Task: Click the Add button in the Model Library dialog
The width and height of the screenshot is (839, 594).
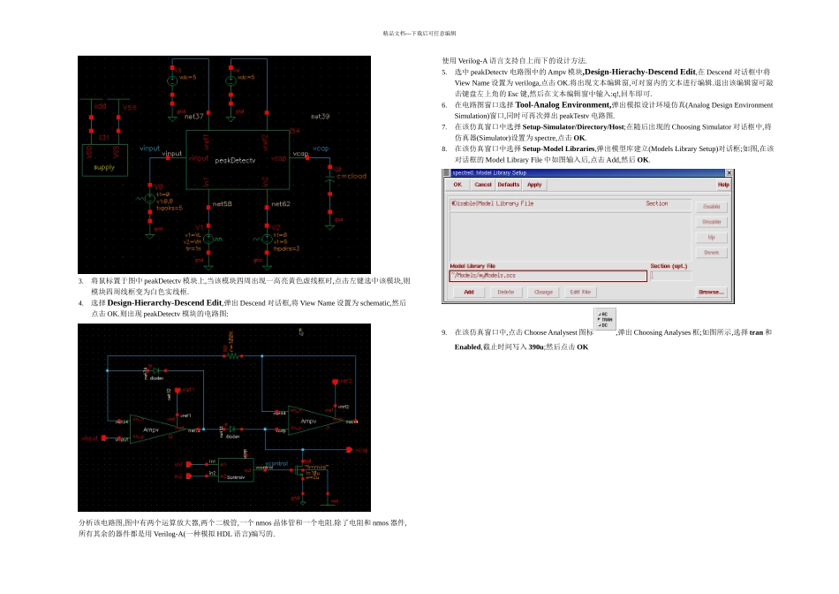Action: (469, 292)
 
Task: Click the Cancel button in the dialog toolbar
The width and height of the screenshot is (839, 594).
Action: (483, 185)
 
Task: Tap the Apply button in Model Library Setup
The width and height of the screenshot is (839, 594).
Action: (534, 185)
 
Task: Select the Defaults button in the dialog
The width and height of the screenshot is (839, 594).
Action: (509, 185)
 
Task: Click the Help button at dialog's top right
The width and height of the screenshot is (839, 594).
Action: (723, 185)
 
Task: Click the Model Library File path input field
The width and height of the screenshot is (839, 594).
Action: (548, 276)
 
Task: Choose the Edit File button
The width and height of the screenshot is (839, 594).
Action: (580, 292)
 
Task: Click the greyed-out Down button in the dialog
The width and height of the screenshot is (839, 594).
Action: (711, 253)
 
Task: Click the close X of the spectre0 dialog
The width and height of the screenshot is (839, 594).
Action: (729, 172)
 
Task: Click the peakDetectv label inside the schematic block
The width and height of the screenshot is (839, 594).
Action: (235, 160)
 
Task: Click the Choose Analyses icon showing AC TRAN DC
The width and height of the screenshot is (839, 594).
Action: (605, 318)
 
